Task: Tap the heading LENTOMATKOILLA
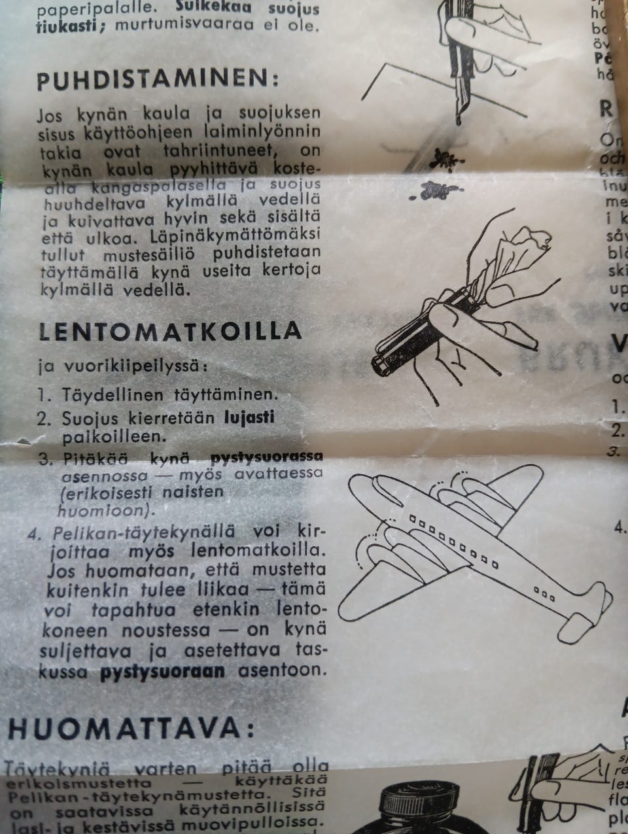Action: coord(170,330)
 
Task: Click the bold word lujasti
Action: coord(249,417)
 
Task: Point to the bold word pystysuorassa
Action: coord(266,456)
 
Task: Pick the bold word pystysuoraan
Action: coord(162,671)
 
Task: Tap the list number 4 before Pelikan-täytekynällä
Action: coord(35,531)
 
